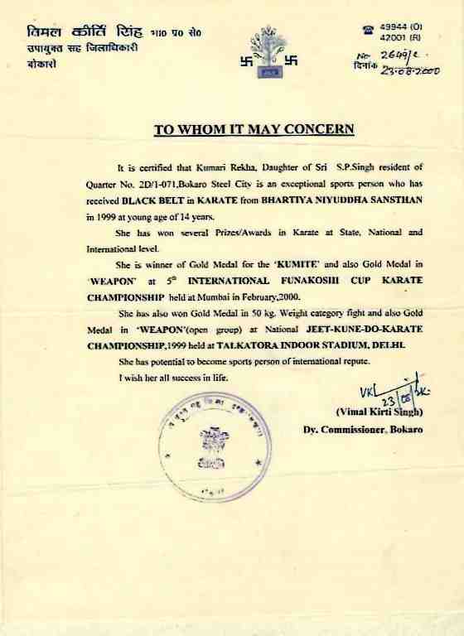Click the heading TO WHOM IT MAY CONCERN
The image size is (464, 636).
click(254, 129)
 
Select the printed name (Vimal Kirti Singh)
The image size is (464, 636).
click(379, 412)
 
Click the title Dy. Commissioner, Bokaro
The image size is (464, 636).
click(363, 430)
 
